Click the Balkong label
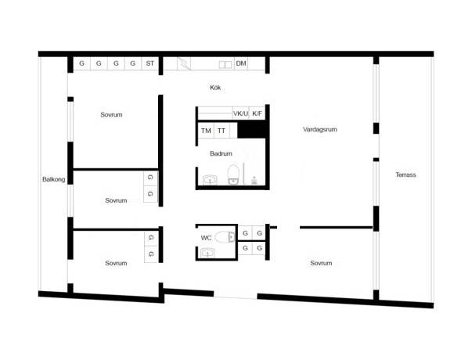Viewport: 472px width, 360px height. [x=53, y=179]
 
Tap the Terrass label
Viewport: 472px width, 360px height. [x=405, y=175]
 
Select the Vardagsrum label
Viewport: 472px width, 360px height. [x=319, y=129]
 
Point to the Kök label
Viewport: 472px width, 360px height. [x=215, y=88]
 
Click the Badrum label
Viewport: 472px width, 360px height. [x=221, y=153]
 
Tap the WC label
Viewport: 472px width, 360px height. [x=206, y=238]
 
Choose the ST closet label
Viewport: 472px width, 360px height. [x=150, y=63]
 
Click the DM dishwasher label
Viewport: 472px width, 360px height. [x=241, y=63]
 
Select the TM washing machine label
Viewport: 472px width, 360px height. [x=206, y=131]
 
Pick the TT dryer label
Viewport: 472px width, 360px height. [x=222, y=131]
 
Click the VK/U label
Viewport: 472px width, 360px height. [x=240, y=113]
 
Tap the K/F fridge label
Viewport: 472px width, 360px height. [x=257, y=113]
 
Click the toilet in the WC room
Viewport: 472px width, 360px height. [x=225, y=236]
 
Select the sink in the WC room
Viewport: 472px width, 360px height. [x=207, y=253]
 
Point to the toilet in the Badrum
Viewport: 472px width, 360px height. [x=233, y=175]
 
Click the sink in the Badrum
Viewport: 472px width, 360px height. [x=210, y=180]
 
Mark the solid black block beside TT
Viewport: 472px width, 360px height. [x=252, y=130]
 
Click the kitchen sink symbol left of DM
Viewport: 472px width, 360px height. [x=225, y=65]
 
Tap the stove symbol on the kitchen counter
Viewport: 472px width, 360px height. [x=184, y=63]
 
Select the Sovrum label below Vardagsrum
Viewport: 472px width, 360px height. [x=321, y=263]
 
